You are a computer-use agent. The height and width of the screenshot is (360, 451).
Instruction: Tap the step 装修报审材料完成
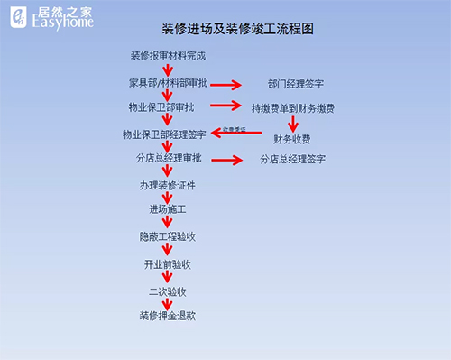(x=168, y=56)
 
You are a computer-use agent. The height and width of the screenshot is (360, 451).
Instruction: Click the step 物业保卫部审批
(x=161, y=107)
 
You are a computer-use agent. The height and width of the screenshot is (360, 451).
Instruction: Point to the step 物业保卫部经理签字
(x=164, y=134)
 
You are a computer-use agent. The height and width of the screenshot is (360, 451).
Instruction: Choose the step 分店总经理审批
(x=166, y=159)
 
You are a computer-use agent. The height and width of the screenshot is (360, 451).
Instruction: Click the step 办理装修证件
(x=167, y=185)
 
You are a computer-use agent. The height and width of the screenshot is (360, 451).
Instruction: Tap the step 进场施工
(x=167, y=210)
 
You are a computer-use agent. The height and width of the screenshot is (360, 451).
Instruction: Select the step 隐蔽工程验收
(x=167, y=237)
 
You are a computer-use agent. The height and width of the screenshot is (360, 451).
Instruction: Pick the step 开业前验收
(x=167, y=264)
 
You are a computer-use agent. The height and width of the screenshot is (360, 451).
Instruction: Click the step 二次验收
(x=167, y=291)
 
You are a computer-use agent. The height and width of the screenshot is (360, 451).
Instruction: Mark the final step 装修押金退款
(x=167, y=317)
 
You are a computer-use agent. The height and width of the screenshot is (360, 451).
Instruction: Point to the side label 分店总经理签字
(x=293, y=160)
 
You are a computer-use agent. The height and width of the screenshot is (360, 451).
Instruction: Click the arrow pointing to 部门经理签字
(x=225, y=86)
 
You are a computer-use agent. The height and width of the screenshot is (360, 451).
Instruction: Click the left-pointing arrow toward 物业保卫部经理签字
(x=236, y=132)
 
